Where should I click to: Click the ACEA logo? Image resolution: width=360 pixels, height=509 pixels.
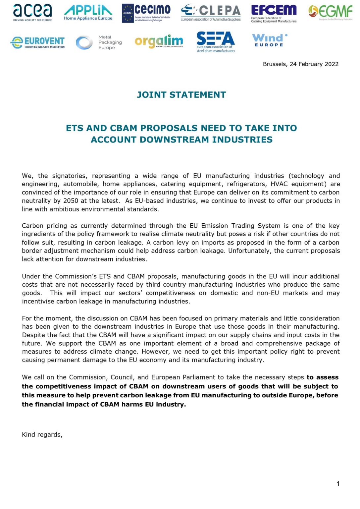(32, 13)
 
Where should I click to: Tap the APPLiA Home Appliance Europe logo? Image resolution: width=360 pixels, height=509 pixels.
(88, 13)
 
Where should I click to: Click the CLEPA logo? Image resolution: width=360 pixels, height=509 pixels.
(211, 13)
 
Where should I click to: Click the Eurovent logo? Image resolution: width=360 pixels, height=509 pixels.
(37, 42)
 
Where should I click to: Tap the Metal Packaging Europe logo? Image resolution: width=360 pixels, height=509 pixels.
(99, 42)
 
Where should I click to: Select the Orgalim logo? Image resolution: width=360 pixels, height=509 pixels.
(159, 41)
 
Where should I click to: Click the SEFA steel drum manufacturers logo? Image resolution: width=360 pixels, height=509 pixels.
(216, 42)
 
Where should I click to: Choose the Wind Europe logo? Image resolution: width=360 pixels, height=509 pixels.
(269, 40)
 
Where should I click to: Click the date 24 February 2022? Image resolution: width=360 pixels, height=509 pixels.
(314, 64)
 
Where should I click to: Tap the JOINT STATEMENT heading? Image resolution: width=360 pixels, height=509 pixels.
(181, 95)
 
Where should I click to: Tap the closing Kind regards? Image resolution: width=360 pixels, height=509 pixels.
(42, 434)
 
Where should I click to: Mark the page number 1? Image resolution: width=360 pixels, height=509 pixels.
(338, 484)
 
